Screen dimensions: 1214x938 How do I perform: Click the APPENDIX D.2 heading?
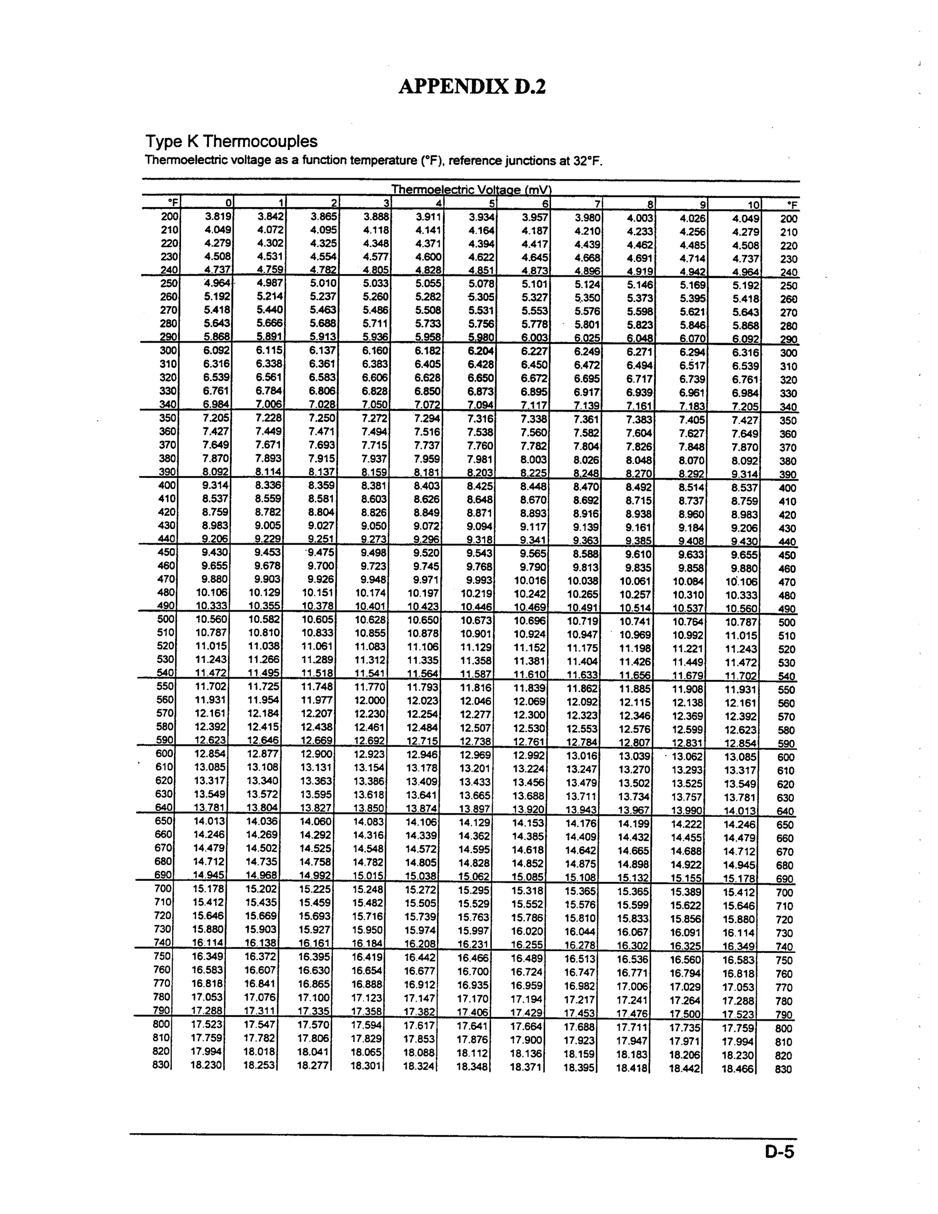pos(472,87)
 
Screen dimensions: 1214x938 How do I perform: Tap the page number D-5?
pos(779,1153)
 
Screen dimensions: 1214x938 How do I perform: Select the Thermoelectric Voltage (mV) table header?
pos(471,190)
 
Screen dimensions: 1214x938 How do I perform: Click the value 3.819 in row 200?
pos(217,217)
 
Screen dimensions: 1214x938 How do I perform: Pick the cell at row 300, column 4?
pos(428,351)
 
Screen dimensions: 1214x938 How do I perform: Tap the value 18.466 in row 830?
pos(737,1068)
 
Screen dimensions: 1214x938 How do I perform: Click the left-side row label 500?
pos(166,618)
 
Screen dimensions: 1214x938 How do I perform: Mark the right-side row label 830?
pos(782,1069)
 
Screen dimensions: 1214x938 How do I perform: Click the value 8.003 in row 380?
pos(534,459)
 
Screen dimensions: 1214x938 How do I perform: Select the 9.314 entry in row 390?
pos(745,474)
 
